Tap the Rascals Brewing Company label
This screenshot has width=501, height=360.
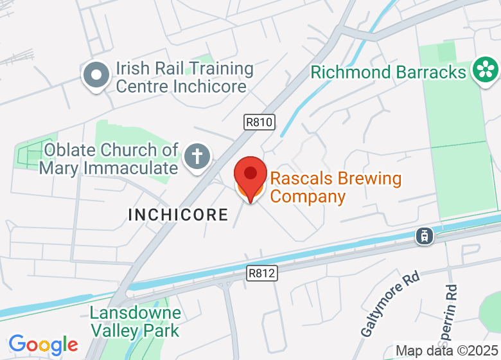pyautogui.click(x=335, y=187)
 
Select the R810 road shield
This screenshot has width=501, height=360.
pyautogui.click(x=259, y=122)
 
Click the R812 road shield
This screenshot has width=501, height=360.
pyautogui.click(x=262, y=273)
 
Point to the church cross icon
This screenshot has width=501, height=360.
pyautogui.click(x=198, y=157)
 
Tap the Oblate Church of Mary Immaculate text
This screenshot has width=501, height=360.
pyautogui.click(x=108, y=159)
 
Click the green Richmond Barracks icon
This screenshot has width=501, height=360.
pyautogui.click(x=485, y=70)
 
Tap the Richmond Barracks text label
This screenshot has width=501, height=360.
pyautogui.click(x=388, y=71)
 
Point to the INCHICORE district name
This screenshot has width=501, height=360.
pyautogui.click(x=178, y=215)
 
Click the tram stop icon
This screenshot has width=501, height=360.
pyautogui.click(x=425, y=236)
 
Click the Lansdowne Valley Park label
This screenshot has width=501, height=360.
pyautogui.click(x=135, y=322)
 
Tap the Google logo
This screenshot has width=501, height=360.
pyautogui.click(x=43, y=345)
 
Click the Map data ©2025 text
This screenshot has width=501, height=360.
pyautogui.click(x=446, y=351)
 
